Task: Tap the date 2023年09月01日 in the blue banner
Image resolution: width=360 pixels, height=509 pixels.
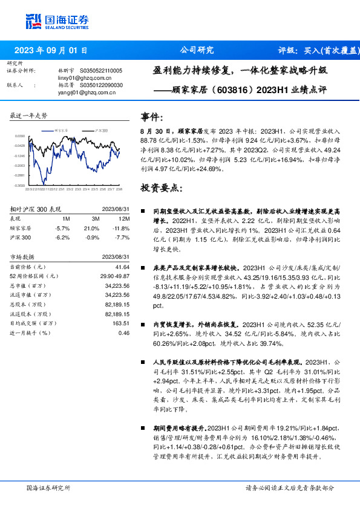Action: (51, 51)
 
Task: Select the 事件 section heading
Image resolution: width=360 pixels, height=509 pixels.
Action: (151, 116)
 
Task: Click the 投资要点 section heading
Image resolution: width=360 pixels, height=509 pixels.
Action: (160, 188)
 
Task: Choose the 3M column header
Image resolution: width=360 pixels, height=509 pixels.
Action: (96, 219)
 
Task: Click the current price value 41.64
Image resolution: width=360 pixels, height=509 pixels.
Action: (123, 267)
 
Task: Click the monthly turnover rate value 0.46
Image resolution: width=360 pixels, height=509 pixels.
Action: (124, 332)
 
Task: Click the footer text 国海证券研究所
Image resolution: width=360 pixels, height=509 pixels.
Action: (49, 487)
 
